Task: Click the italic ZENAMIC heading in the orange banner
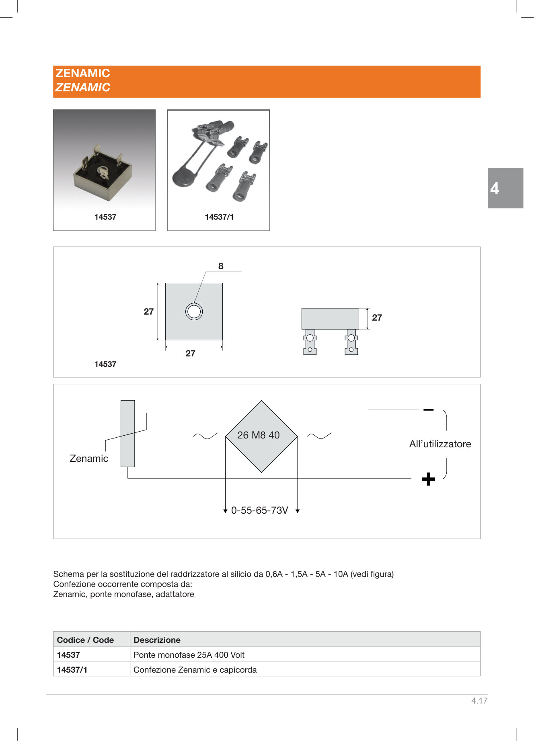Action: [83, 87]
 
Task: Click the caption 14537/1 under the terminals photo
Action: [219, 217]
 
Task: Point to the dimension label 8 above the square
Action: [221, 266]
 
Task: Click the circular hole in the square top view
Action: [194, 312]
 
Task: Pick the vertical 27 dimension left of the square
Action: [149, 311]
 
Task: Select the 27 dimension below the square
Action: [190, 353]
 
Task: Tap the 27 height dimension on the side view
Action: [377, 317]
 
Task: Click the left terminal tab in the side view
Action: [310, 342]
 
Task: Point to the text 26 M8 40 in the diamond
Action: [258, 435]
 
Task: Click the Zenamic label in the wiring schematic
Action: [89, 458]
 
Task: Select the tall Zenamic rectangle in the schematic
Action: [127, 433]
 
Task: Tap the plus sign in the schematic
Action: [428, 479]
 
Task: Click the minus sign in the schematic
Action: [428, 410]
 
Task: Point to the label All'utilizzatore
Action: [440, 444]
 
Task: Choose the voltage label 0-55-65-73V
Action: [259, 510]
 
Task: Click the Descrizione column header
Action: [157, 640]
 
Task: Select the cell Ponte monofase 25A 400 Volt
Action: [189, 655]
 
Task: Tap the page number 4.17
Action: [479, 700]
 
